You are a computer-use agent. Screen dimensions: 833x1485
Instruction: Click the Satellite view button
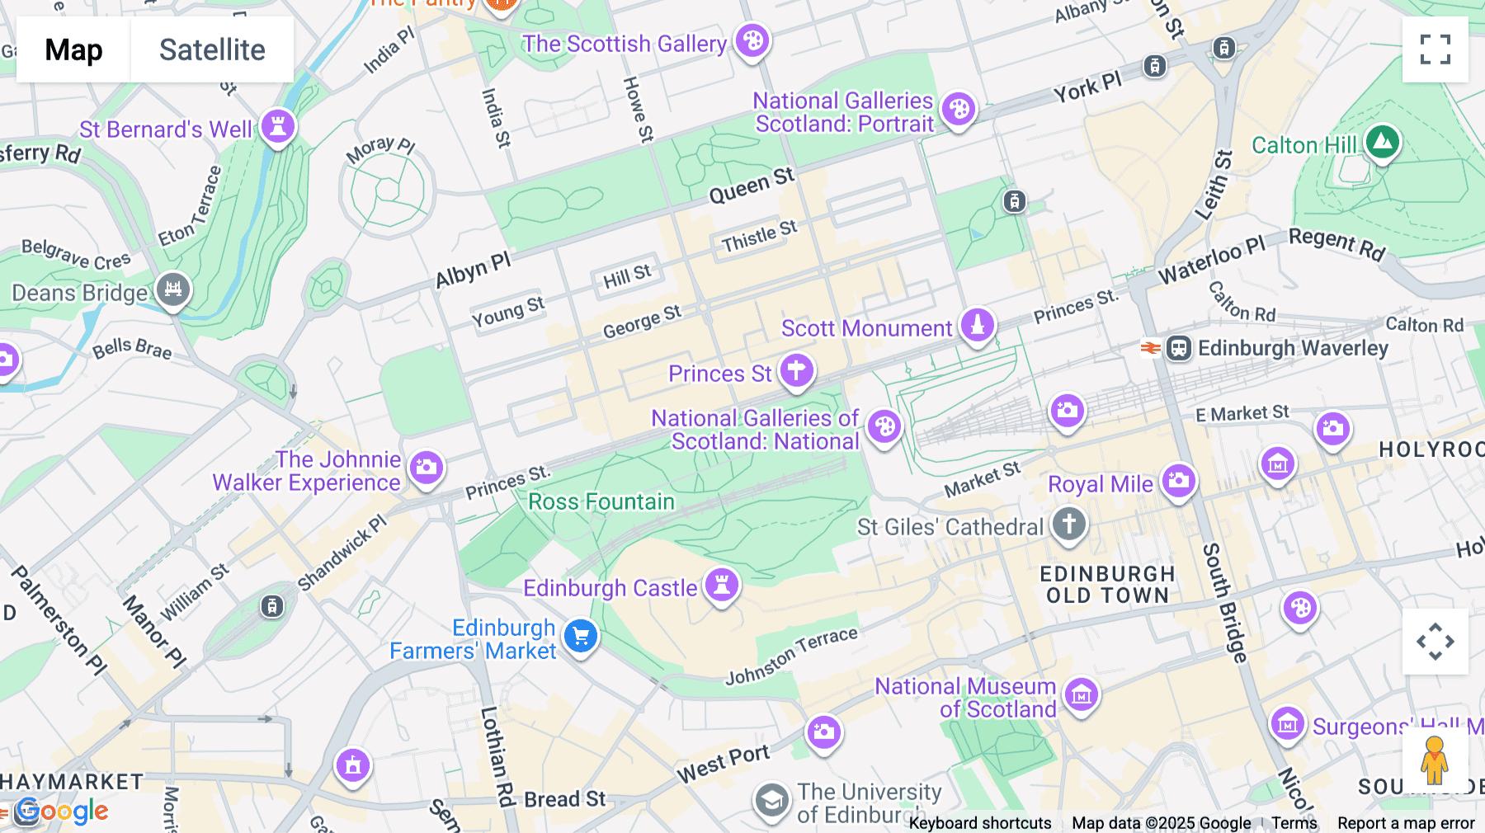tap(212, 49)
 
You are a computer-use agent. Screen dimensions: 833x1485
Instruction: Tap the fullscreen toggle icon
tap(1435, 49)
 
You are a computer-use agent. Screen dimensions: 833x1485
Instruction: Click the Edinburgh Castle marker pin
tap(722, 585)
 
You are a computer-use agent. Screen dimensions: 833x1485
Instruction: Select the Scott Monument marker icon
tap(978, 324)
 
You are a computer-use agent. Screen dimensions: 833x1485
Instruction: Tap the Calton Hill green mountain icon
tap(1383, 143)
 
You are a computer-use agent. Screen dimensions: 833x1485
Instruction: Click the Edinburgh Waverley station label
tap(1292, 348)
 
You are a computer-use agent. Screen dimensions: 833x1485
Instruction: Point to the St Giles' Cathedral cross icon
tap(1069, 524)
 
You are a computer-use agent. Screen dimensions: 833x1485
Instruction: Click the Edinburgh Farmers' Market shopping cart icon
tap(581, 636)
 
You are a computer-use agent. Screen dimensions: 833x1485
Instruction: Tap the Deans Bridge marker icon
tap(173, 289)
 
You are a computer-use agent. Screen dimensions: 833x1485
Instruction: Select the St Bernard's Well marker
tap(278, 126)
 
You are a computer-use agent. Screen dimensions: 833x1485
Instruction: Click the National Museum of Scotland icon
tap(1082, 695)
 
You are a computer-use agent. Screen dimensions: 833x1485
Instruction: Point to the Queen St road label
tap(751, 186)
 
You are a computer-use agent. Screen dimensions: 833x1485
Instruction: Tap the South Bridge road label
tap(1224, 602)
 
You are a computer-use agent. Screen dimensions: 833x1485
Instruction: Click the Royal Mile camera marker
tap(1179, 480)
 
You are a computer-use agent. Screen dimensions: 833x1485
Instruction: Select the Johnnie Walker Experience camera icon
tap(427, 468)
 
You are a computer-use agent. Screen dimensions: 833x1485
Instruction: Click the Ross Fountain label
tap(601, 501)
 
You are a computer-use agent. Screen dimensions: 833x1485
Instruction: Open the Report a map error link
tap(1406, 822)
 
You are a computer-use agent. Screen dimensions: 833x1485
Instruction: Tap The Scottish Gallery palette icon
tap(752, 40)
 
